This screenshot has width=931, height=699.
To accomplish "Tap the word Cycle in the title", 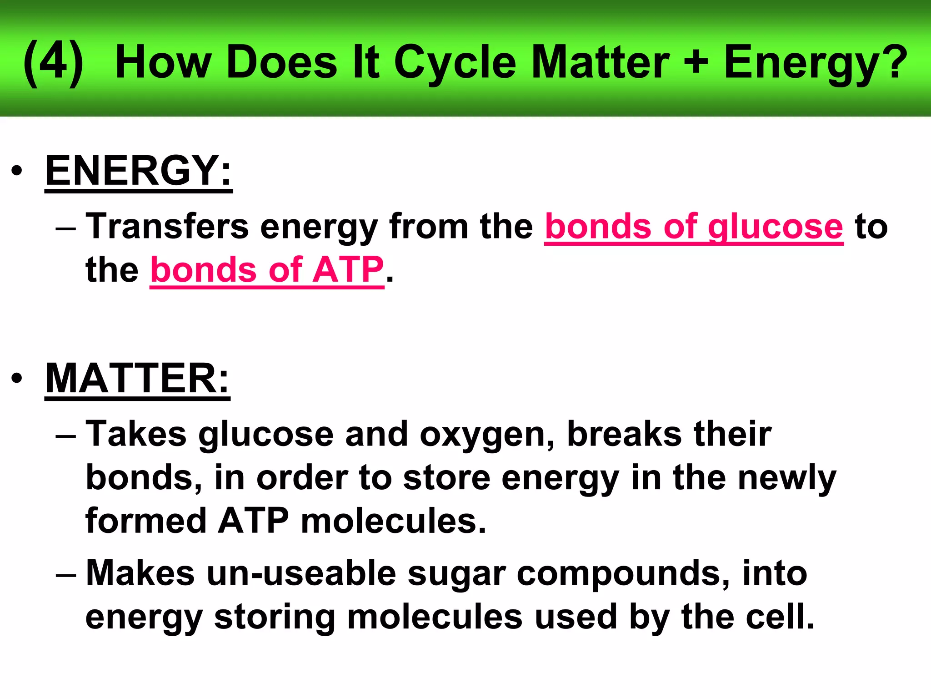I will pos(455,63).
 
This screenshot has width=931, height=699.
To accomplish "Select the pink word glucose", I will pos(775,227).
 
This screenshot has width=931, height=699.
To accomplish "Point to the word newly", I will pos(787,478).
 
